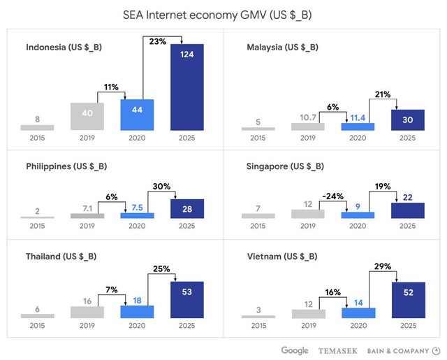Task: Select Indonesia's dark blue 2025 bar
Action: pyautogui.click(x=187, y=87)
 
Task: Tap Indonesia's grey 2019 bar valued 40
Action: pyautogui.click(x=87, y=116)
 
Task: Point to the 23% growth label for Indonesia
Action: pyautogui.click(x=158, y=41)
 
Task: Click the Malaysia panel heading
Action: pyautogui.click(x=283, y=48)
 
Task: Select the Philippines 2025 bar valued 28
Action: pyautogui.click(x=187, y=209)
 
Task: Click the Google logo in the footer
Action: pyautogui.click(x=295, y=350)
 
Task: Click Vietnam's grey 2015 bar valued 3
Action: pyautogui.click(x=258, y=316)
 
